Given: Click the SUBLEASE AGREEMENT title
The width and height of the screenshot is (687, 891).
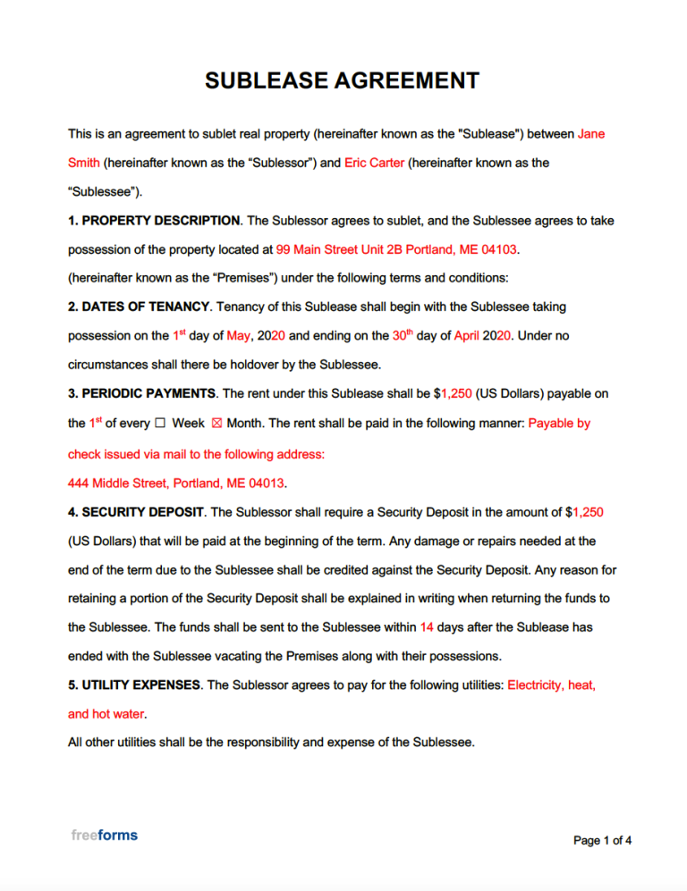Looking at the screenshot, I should pos(342,80).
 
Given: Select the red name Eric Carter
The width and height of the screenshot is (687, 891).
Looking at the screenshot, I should pos(374,163).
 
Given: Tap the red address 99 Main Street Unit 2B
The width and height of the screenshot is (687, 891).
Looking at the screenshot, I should pos(353,248).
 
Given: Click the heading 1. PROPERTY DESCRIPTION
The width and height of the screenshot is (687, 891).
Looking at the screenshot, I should pos(154,220).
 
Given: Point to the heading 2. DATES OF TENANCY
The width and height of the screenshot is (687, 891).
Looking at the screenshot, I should pos(139,307).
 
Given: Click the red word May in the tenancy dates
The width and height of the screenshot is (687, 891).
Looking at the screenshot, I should pos(239,336).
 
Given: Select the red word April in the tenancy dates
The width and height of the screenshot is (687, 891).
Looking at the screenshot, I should pos(467,336).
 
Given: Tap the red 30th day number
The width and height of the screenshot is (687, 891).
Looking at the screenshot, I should pos(402,335).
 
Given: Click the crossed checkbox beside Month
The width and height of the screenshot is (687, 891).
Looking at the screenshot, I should pos(215,423).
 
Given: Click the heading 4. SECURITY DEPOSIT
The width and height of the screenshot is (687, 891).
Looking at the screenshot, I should pos(136,512).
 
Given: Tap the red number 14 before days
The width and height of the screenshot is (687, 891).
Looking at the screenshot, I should pos(427,627).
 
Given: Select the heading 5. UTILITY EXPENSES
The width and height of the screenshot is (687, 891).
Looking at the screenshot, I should pos(134,685).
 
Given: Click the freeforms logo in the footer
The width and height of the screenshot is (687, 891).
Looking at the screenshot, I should pos(104,836).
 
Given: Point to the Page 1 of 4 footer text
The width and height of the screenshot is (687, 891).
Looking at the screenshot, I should pos(602,840).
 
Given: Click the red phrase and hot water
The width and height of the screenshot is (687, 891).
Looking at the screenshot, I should pos(106,714).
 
